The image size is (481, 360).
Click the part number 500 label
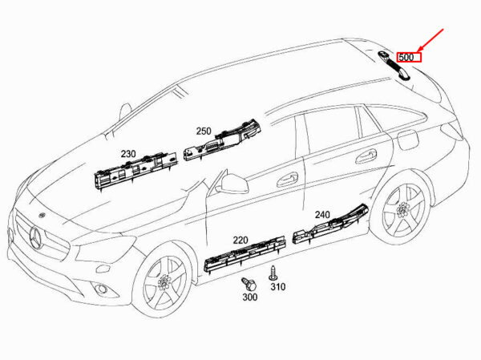coord(406,57)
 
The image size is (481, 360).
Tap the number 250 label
coord(203,131)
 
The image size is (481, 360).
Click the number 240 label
coord(321,215)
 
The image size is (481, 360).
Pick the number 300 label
coord(249,297)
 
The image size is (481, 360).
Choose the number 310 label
coord(277,286)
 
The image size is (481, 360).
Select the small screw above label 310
coord(274,270)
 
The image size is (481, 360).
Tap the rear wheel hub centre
coord(399,212)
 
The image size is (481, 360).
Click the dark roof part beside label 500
coord(393,62)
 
